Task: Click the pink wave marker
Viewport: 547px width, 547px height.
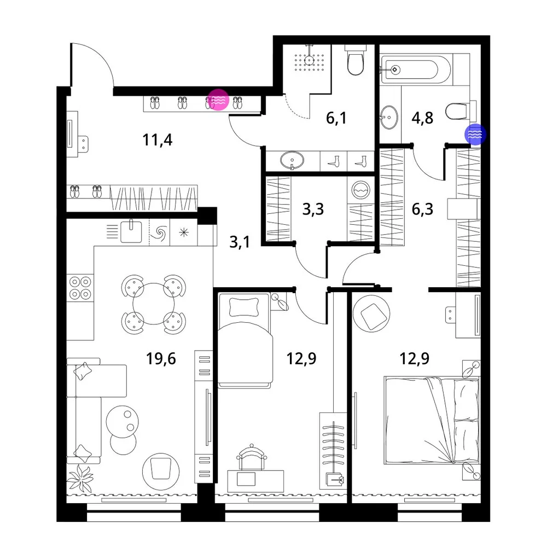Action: pos(218,100)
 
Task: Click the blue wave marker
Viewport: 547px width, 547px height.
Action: pos(475,134)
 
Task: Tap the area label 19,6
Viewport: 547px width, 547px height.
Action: pos(161,358)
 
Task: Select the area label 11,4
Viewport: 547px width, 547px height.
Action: pos(158,139)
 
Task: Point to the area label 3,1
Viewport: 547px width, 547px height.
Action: pos(240,241)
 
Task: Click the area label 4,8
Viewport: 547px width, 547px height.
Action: pos(422,118)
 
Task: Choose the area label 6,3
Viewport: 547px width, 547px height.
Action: pos(422,209)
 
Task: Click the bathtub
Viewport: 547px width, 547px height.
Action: pos(416,69)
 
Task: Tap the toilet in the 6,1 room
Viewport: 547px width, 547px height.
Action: pos(356,60)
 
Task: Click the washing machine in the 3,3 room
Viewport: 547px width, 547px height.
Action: pos(360,190)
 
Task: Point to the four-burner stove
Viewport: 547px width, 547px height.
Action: pos(80,288)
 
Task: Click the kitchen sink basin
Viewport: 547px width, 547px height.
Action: pos(131,231)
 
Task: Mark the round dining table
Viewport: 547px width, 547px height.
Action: pos(154,304)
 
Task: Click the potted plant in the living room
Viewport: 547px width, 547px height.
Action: pos(80,478)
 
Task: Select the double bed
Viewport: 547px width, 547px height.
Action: pos(432,420)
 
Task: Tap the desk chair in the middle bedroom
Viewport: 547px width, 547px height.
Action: pos(252,457)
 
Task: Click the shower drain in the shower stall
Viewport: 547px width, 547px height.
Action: pos(309,60)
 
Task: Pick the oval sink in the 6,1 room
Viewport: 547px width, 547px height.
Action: pos(292,160)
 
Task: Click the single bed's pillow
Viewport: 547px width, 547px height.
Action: pos(244,307)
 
